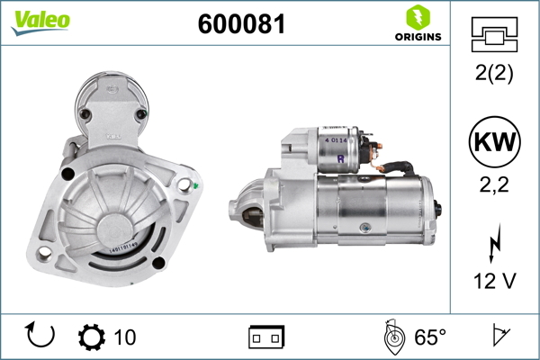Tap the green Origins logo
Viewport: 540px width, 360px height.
(417, 24)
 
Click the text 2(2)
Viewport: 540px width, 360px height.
(493, 75)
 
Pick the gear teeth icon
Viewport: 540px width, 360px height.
(91, 337)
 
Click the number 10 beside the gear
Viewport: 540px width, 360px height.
(125, 337)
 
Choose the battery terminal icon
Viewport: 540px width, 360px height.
(266, 337)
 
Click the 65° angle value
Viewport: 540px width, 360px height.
(429, 337)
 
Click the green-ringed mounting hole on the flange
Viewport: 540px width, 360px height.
(185, 185)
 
